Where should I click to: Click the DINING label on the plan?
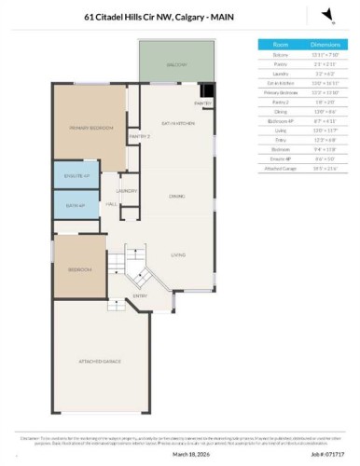click(x=177, y=196)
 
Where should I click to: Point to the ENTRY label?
click(x=140, y=297)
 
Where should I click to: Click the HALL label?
click(x=110, y=203)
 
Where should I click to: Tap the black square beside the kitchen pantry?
click(x=208, y=91)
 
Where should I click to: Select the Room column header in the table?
click(x=281, y=44)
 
